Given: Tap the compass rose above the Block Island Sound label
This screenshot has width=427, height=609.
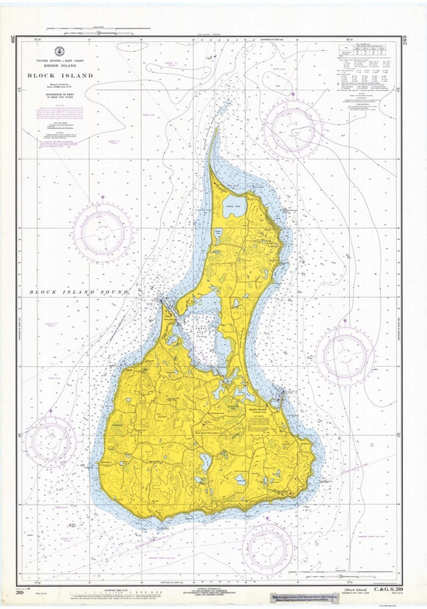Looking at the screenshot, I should [x=102, y=232].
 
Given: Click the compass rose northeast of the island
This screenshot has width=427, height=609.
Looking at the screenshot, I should [x=293, y=127].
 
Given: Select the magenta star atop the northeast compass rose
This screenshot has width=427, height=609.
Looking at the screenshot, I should [x=293, y=94].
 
